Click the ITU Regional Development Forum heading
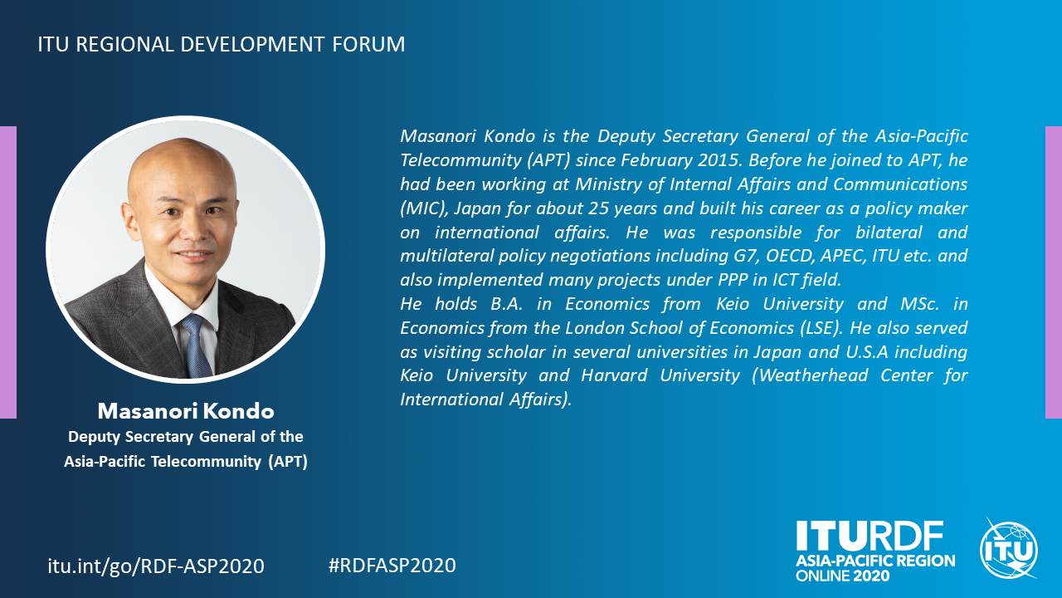(222, 45)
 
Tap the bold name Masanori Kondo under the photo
(186, 411)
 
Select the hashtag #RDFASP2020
(392, 566)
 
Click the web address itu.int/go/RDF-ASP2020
(156, 566)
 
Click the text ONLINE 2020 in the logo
(842, 576)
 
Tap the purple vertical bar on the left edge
(8, 272)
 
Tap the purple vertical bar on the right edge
(1054, 272)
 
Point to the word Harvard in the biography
(614, 375)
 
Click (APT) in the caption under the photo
(288, 462)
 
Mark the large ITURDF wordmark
(870, 537)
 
